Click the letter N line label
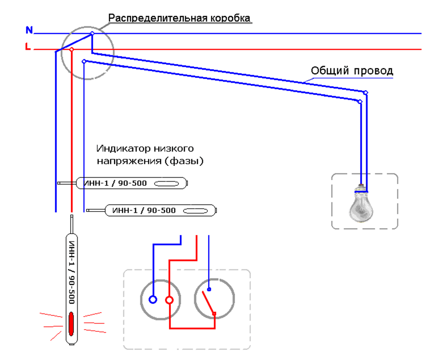click(29, 30)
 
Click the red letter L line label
click(28, 47)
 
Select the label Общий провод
click(352, 70)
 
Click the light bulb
click(362, 205)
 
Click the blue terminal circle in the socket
click(153, 299)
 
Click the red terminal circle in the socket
click(169, 300)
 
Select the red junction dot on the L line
click(72, 50)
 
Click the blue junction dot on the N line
click(92, 33)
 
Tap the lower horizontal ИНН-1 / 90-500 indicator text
click(144, 211)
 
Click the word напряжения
click(121, 160)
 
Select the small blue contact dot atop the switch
click(209, 289)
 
